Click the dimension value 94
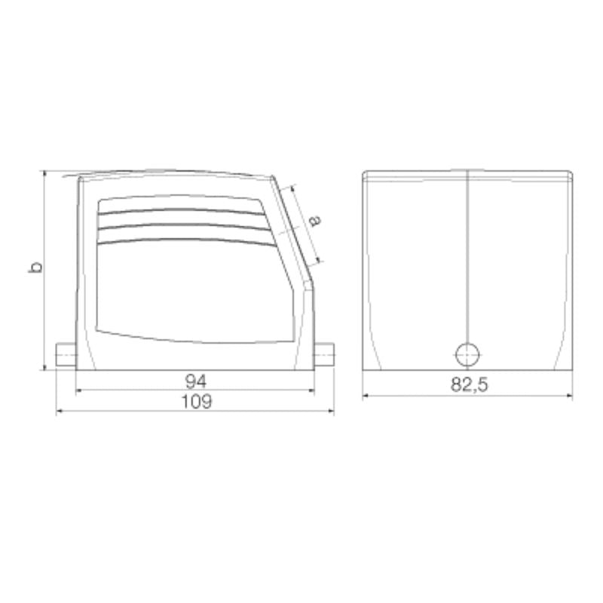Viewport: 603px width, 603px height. click(x=195, y=379)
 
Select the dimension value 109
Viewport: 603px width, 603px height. click(x=195, y=402)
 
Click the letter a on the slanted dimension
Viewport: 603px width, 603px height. click(x=316, y=220)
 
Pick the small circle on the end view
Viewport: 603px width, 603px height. click(x=467, y=352)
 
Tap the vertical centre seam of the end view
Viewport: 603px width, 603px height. click(x=467, y=256)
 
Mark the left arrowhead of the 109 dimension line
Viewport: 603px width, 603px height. click(x=60, y=412)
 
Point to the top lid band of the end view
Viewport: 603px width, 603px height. click(x=467, y=175)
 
